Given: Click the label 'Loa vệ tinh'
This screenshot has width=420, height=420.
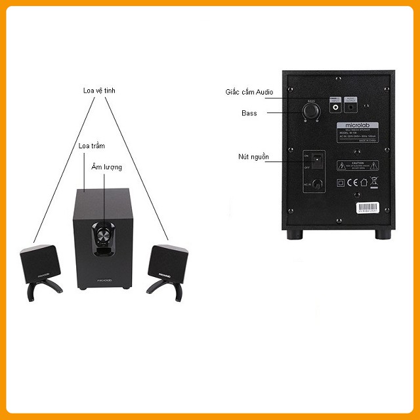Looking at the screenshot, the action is click(x=104, y=90).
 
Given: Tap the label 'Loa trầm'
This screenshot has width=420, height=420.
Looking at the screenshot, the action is click(x=91, y=145).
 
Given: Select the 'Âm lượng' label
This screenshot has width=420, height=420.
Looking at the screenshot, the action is click(x=106, y=167).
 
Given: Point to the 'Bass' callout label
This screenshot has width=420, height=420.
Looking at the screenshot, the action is click(x=249, y=114).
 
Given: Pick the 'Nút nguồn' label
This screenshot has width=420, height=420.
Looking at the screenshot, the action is click(x=254, y=157).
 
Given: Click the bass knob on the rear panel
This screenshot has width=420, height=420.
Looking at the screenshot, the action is click(x=311, y=112).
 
